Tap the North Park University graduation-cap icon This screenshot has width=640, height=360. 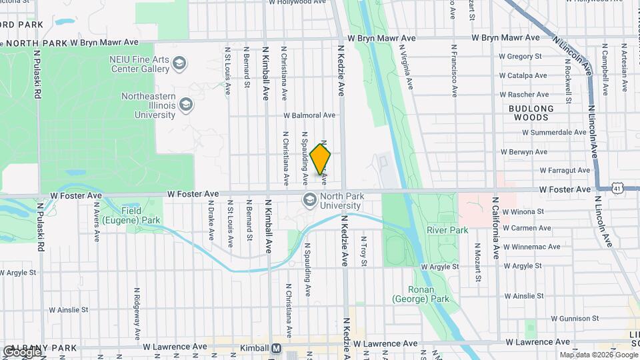tap(309, 199)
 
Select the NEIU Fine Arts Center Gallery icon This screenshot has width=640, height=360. tap(179, 64)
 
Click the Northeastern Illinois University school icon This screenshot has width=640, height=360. tap(186, 105)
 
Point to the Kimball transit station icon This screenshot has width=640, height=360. tap(277, 348)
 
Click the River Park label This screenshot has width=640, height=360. tap(447, 231)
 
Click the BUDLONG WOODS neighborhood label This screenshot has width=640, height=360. tap(531, 113)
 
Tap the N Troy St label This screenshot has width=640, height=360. tap(364, 251)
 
